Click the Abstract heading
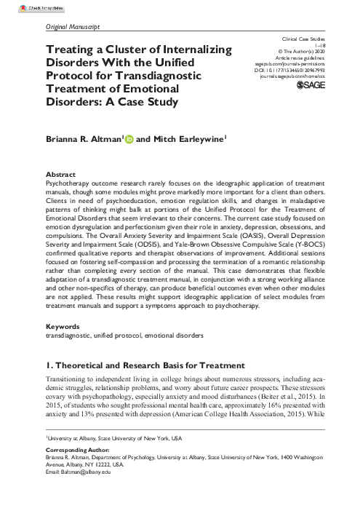coord(60,176)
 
